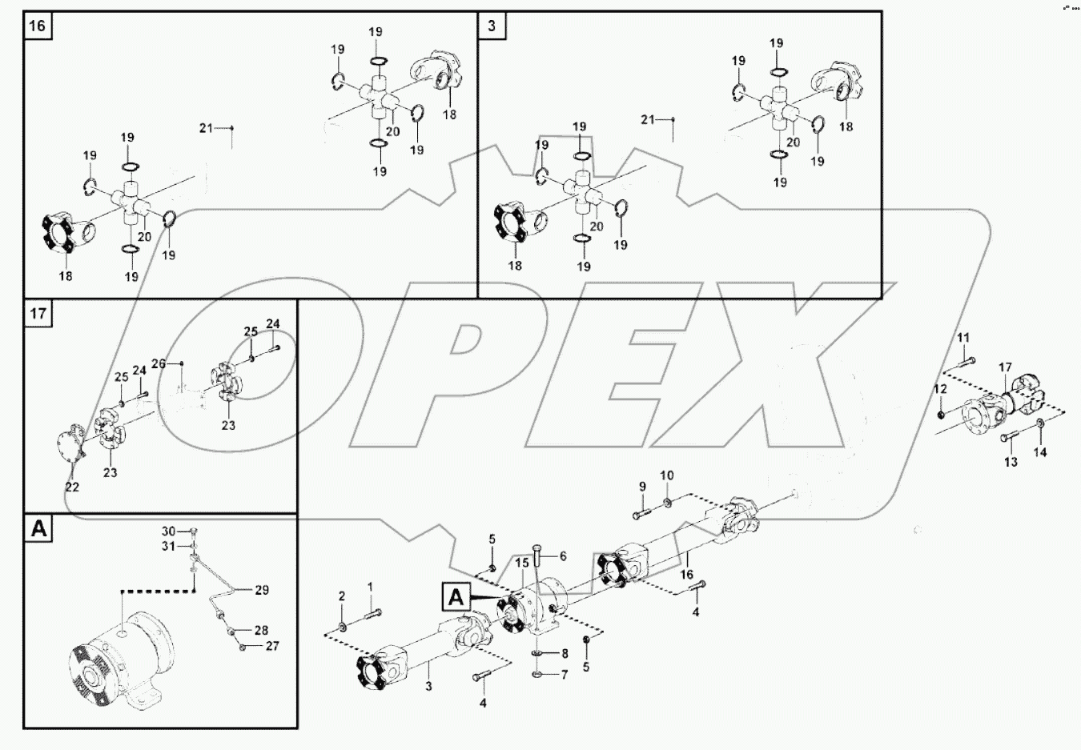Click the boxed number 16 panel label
coord(38,26)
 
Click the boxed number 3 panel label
coord(491,26)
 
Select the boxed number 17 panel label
coord(38,313)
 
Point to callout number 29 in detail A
coord(262,590)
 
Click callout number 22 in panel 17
coord(72,487)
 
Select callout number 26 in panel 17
coord(159,363)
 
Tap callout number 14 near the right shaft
coord(1039,452)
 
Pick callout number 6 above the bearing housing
coord(563,555)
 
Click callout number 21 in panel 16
coord(206,128)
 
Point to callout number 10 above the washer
coord(667,475)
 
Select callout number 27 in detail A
coord(272,645)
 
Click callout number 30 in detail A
coord(168,531)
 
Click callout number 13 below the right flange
coord(1011,462)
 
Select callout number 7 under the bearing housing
coord(564,675)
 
